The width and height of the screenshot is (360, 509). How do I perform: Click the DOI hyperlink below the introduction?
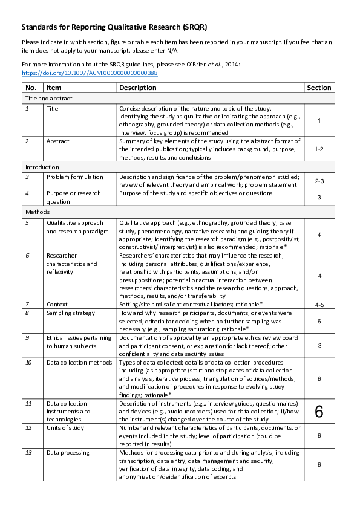[x=90, y=73]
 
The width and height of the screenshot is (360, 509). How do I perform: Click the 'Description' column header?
[x=137, y=88]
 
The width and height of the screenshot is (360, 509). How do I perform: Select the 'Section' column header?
[x=319, y=88]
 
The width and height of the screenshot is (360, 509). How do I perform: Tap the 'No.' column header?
[x=31, y=88]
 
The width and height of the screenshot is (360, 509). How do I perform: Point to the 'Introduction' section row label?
[x=42, y=167]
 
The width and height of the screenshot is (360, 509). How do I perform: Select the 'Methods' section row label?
[x=37, y=212]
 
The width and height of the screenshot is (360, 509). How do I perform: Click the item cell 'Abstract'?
[x=58, y=141]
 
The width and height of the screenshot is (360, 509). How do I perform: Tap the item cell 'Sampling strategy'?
[x=71, y=313]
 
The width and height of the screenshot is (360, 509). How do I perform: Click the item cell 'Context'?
[x=57, y=304]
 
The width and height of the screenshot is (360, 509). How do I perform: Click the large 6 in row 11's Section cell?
[x=319, y=412]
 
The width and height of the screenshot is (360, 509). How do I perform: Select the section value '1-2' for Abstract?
[x=319, y=148]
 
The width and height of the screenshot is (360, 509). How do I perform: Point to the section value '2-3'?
[x=319, y=180]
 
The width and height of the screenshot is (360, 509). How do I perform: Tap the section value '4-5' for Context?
[x=319, y=305]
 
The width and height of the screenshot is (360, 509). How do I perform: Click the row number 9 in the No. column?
[x=28, y=338]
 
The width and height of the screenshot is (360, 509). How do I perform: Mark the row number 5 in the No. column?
[x=27, y=222]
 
